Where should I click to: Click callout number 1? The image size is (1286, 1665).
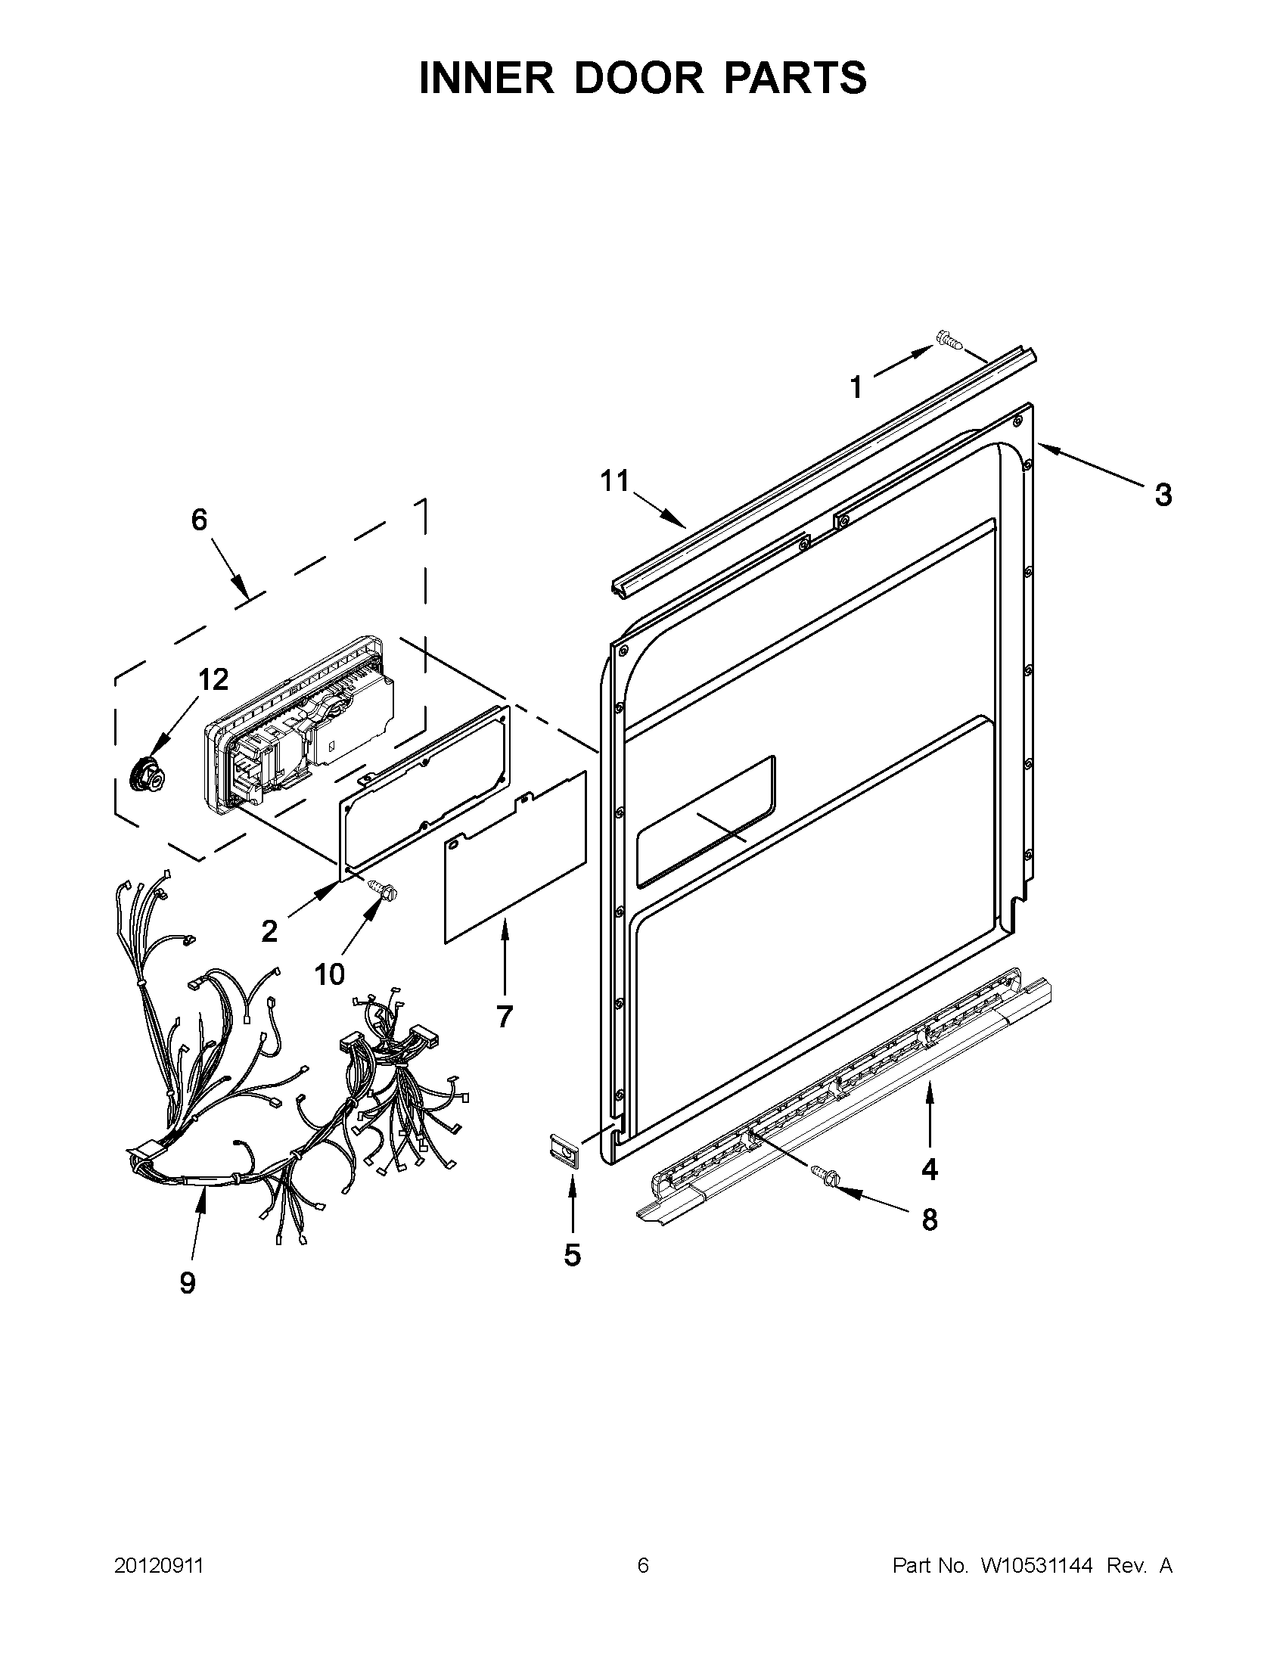(857, 387)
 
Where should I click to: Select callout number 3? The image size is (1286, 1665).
(1163, 495)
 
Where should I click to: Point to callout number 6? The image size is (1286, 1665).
(199, 520)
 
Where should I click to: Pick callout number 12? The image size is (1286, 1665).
(213, 679)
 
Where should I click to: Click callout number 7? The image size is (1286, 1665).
(504, 1016)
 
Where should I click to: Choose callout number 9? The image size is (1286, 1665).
(188, 1282)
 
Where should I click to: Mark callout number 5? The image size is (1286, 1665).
(573, 1254)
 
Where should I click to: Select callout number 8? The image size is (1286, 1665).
(929, 1220)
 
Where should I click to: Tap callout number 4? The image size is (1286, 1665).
(929, 1169)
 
